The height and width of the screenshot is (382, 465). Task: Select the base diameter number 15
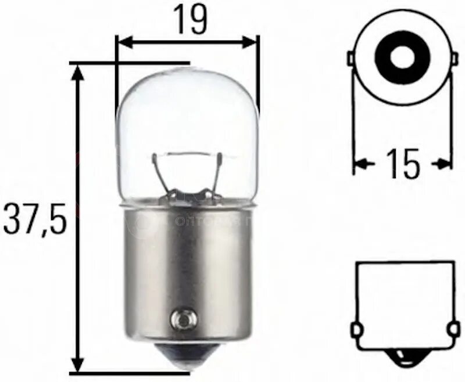[x=403, y=165]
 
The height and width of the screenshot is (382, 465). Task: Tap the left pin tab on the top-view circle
[x=350, y=59]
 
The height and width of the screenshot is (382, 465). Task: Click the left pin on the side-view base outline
[x=357, y=330]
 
